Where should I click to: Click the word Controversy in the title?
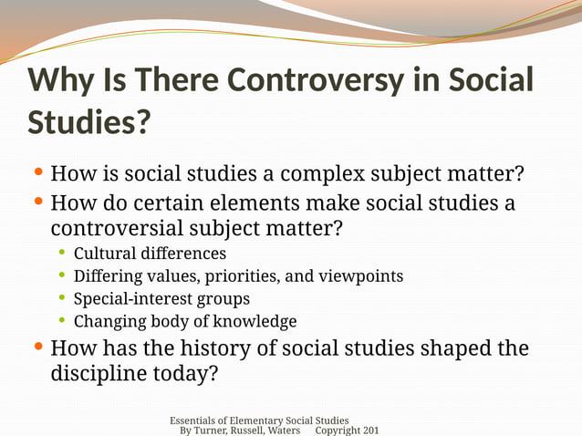(312, 80)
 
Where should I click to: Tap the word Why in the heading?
(61, 80)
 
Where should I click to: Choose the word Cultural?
(102, 253)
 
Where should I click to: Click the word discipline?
(99, 375)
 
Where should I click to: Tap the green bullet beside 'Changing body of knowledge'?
(62, 320)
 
